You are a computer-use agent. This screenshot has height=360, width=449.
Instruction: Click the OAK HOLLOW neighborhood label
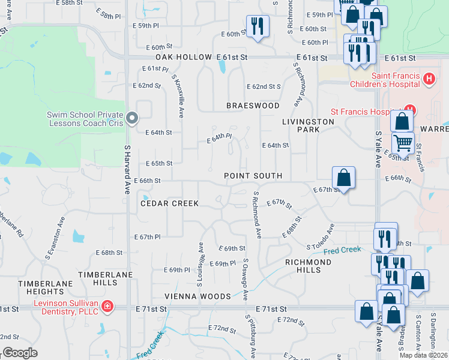coord(185,57)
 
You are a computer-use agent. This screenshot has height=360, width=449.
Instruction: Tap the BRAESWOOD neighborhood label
coord(253,106)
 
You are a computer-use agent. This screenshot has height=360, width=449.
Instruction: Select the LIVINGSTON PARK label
coord(308,125)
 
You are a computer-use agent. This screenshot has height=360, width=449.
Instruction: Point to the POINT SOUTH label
coord(253,176)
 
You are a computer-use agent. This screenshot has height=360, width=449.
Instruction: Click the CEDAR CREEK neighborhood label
coord(169,203)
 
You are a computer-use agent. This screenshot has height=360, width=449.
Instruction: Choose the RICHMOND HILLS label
coord(307,266)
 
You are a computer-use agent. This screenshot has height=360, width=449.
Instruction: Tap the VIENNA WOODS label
coord(198,296)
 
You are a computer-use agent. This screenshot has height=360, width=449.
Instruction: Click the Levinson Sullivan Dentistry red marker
coord(107,307)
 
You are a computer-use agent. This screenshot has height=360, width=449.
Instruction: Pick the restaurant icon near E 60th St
coord(258,26)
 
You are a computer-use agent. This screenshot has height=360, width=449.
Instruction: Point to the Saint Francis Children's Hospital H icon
coord(429,79)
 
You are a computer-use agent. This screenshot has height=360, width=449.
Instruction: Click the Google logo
coord(20,353)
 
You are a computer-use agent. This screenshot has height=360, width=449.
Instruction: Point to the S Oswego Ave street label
coord(246,280)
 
